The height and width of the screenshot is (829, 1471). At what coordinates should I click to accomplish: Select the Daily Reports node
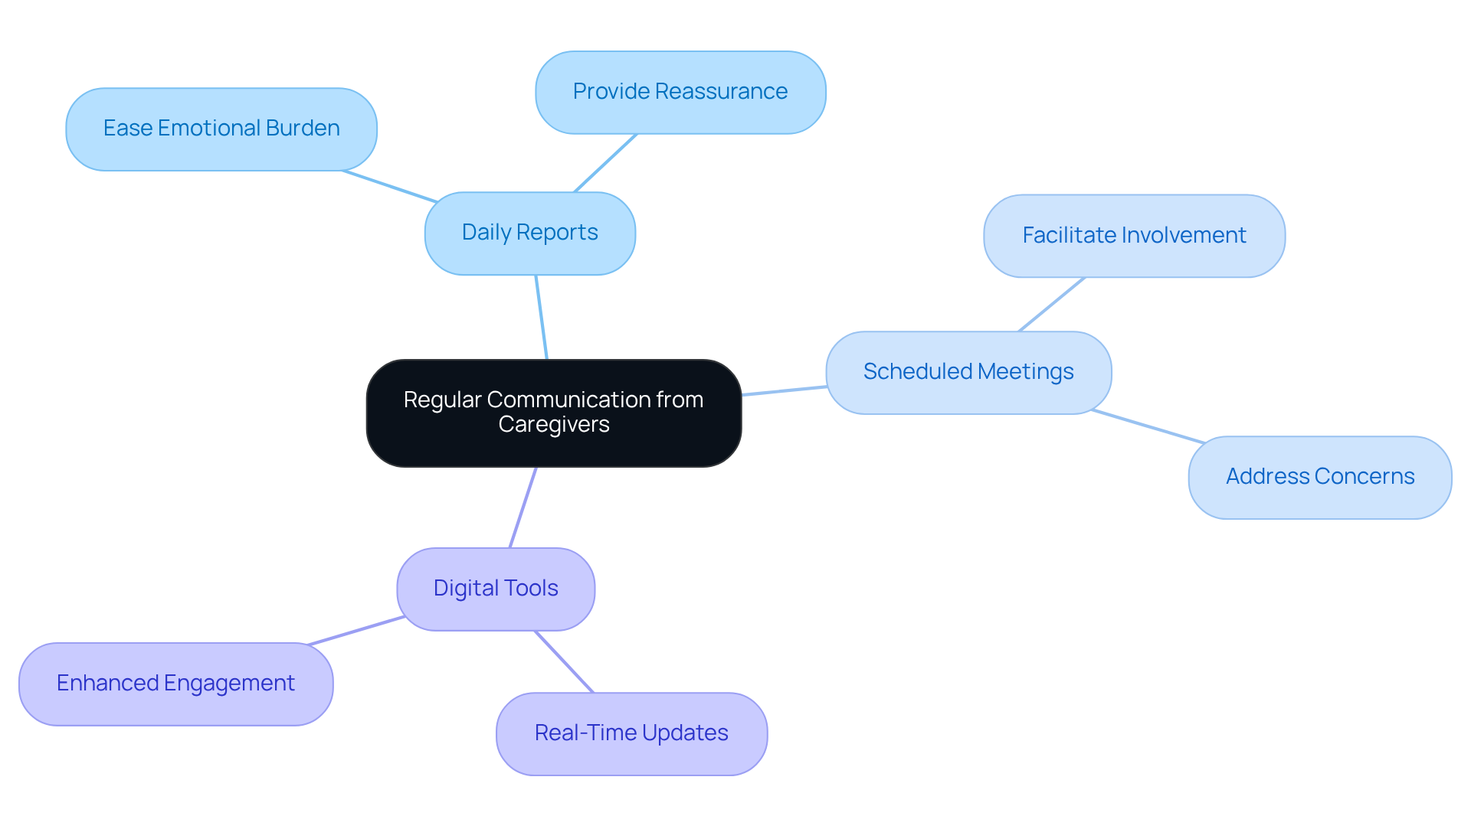click(529, 233)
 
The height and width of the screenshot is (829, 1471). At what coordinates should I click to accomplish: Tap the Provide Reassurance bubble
click(680, 92)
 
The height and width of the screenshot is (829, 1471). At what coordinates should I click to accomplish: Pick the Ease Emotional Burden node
click(221, 129)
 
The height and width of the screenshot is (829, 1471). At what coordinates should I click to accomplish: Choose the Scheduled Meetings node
click(968, 372)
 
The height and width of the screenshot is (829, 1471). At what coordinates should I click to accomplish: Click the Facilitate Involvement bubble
click(1134, 236)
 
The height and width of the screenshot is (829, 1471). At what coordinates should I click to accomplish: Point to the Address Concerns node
click(1319, 477)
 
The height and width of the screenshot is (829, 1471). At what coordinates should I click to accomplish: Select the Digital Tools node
click(496, 589)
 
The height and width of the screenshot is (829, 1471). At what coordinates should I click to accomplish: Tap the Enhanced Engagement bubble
click(175, 684)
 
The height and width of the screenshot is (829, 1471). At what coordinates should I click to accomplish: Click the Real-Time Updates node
click(631, 733)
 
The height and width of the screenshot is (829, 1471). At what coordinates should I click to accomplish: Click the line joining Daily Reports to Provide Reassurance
click(605, 163)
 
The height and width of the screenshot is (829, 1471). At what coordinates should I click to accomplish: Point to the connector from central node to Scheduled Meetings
click(784, 391)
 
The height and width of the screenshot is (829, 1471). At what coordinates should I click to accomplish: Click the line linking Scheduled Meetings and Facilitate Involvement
click(1052, 305)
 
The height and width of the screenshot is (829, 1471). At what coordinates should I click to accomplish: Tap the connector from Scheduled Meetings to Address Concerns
click(1148, 426)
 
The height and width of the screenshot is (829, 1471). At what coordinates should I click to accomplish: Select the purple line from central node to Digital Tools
click(523, 508)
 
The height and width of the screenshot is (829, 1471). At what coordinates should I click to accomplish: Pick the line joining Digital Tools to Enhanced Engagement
click(356, 630)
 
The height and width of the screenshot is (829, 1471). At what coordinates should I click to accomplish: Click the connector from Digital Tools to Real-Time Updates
click(565, 662)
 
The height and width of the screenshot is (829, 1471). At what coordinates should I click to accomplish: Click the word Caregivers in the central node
click(553, 425)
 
